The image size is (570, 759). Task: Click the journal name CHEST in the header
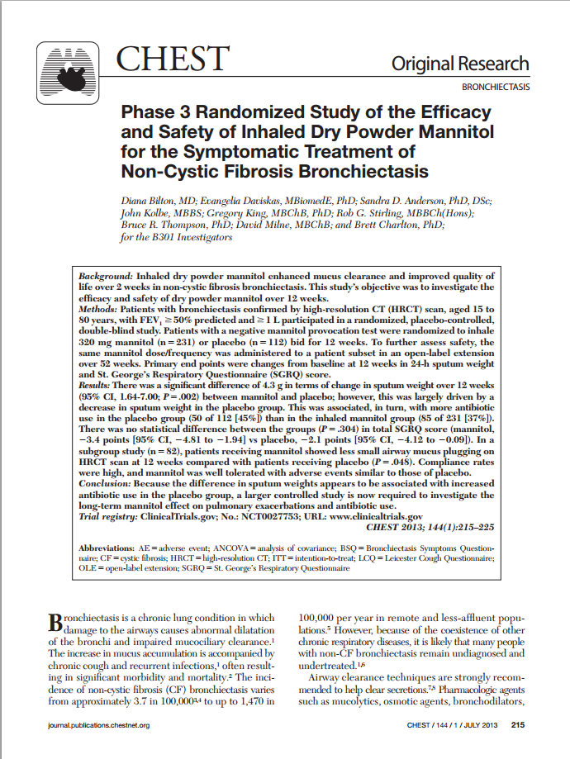click(172, 59)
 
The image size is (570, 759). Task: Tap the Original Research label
click(460, 64)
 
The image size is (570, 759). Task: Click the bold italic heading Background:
click(105, 275)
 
